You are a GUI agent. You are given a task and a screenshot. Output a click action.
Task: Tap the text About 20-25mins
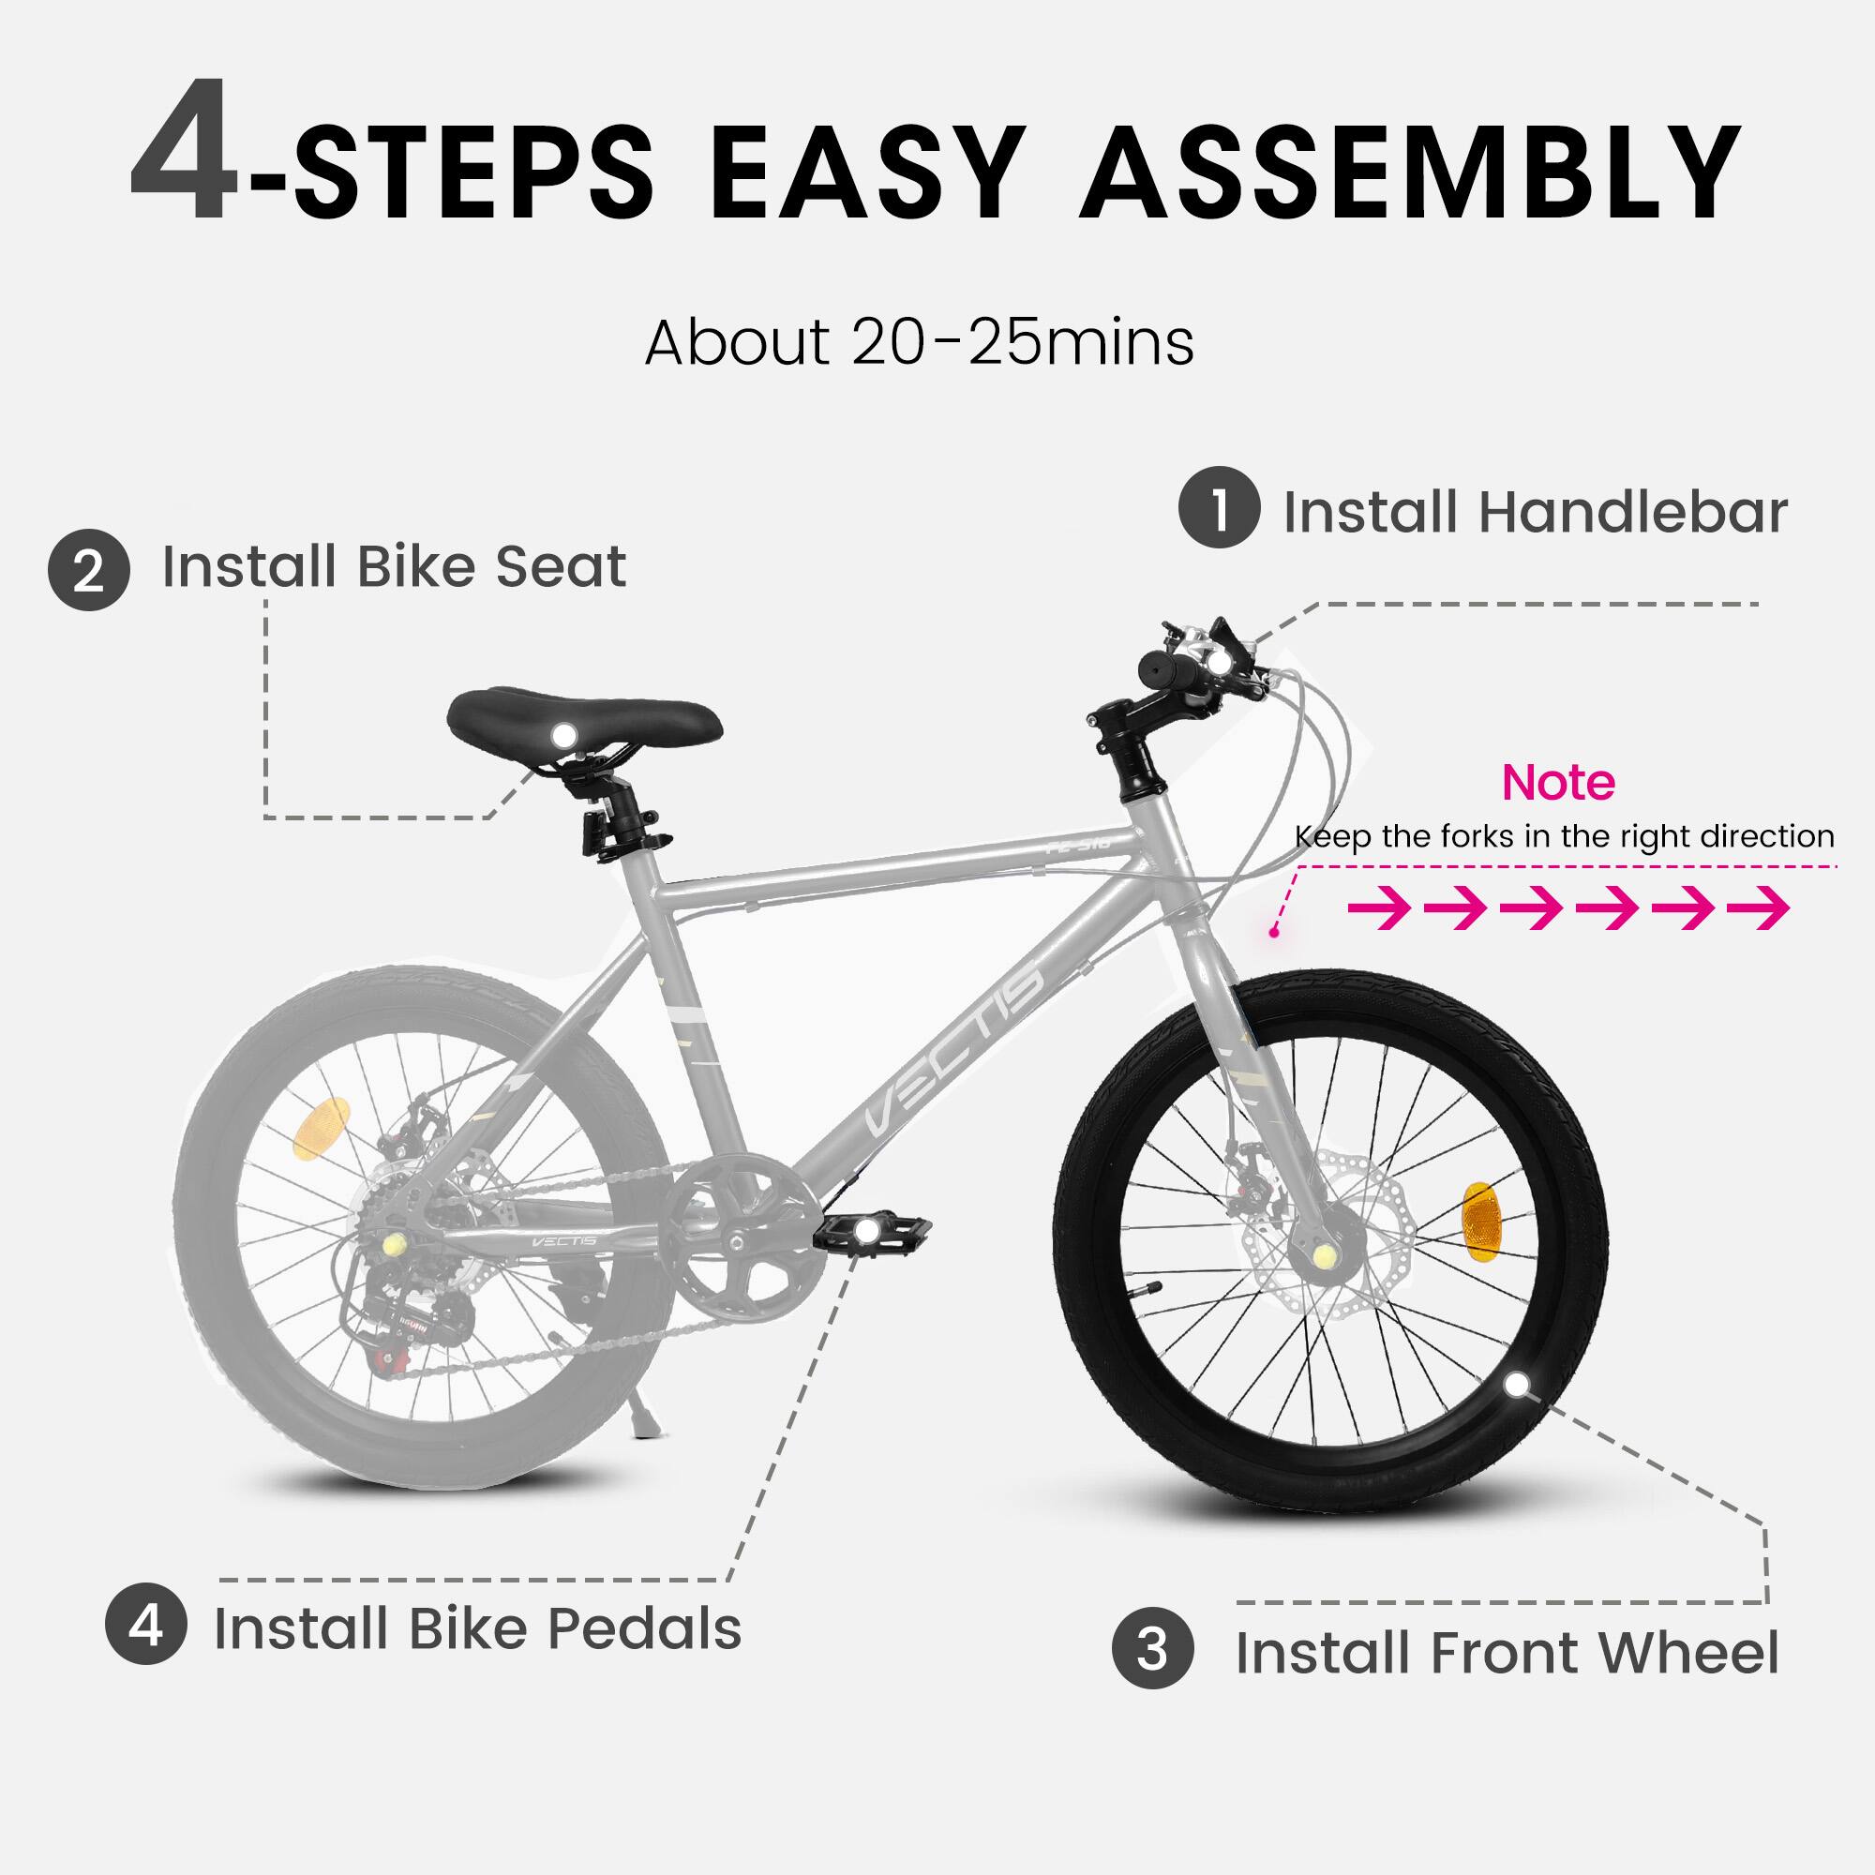click(x=919, y=341)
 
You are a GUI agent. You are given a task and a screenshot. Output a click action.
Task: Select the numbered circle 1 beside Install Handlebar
click(x=1219, y=507)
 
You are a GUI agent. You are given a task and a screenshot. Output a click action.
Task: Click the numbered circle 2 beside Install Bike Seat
click(x=88, y=570)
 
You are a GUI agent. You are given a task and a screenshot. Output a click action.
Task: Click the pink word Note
click(x=1557, y=782)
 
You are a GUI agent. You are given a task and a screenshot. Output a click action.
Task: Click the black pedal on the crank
click(x=870, y=1233)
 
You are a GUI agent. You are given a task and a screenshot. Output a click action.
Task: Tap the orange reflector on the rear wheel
click(x=322, y=1128)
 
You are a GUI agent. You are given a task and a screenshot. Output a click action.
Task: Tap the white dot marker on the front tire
click(x=1516, y=1384)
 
